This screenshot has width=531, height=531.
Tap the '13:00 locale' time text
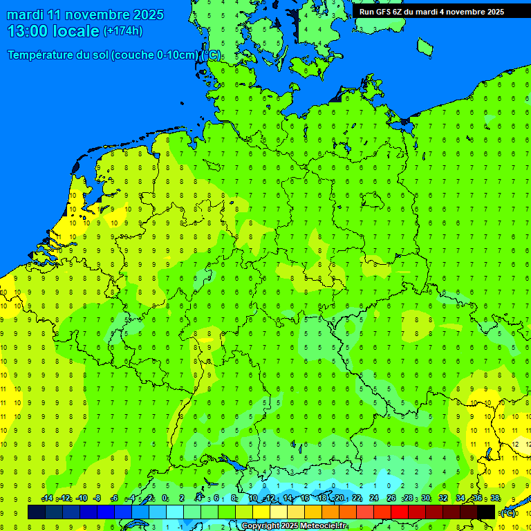tap(53, 31)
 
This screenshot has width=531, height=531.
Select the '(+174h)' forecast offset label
tap(122, 31)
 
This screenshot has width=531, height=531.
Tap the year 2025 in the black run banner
tap(492, 12)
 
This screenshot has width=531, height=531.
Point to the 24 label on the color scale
tap(374, 499)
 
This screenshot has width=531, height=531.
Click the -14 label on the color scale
tap(47, 499)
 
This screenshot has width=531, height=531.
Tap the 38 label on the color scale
tap(495, 499)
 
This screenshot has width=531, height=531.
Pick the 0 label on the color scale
tap(165, 499)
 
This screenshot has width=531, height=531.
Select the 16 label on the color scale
tap(304, 499)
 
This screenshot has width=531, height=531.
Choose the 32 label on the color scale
tap(443, 499)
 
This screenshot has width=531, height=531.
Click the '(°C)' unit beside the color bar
tap(508, 513)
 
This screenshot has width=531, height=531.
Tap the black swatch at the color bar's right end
tap(486, 512)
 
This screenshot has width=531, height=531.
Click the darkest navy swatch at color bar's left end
tap(36, 512)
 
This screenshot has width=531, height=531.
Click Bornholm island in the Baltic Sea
tap(425, 46)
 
